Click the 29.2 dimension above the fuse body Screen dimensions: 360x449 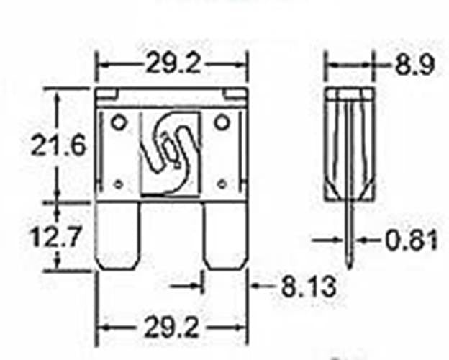tap(173, 65)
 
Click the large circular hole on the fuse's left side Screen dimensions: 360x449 tap(119, 121)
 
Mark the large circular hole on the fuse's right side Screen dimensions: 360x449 tap(222, 121)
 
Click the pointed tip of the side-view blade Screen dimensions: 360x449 tap(351, 266)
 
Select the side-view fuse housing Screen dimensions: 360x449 tap(349, 144)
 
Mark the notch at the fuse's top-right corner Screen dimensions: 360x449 tap(237, 94)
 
